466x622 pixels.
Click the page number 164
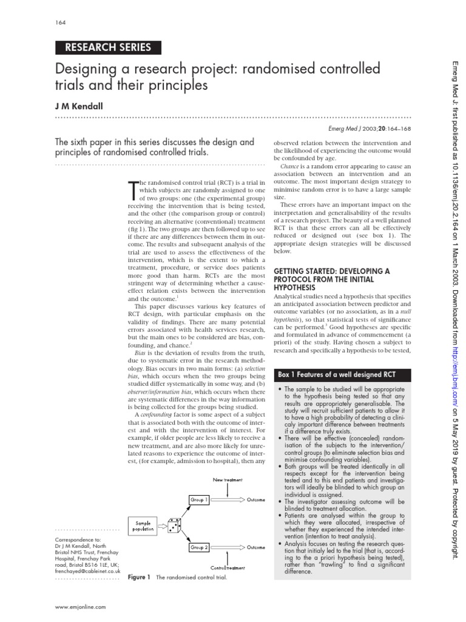[x=59, y=23]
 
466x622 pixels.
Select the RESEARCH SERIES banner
[x=103, y=47]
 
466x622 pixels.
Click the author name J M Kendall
[x=79, y=106]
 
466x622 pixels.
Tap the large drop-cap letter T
[x=134, y=191]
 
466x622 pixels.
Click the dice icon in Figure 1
[x=173, y=525]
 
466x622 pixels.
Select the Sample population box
[x=144, y=525]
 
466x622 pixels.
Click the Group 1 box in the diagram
[x=200, y=500]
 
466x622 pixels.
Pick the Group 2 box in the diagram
[x=200, y=547]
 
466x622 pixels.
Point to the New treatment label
[x=228, y=479]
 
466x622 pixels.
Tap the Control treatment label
[x=228, y=567]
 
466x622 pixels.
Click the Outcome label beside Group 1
[x=255, y=500]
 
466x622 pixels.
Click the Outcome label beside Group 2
[x=255, y=547]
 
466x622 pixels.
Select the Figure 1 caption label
[x=139, y=577]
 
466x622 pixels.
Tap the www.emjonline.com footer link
[x=81, y=607]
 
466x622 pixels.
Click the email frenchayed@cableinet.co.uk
[x=88, y=572]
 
